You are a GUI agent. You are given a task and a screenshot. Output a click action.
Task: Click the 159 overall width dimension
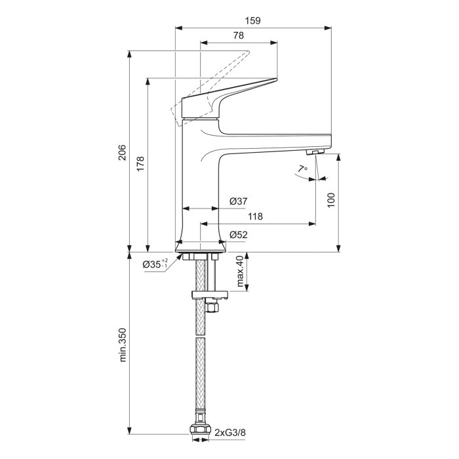click(x=252, y=20)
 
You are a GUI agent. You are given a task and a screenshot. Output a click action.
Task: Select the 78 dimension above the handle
click(x=239, y=37)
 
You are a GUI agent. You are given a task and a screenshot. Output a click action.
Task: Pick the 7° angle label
click(x=302, y=169)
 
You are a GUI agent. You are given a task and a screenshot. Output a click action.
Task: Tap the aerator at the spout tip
click(x=317, y=152)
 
